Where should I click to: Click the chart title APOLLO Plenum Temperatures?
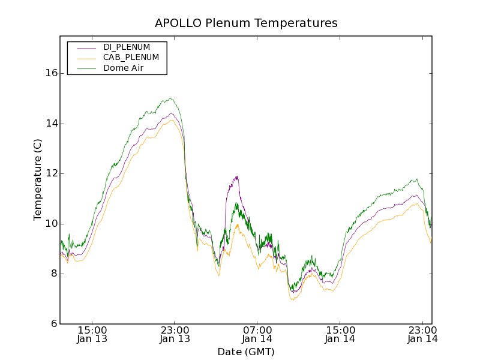pos(246,23)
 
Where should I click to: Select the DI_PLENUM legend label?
pos(127,47)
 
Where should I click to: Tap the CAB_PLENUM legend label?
pos(131,58)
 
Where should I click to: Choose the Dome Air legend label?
pos(123,68)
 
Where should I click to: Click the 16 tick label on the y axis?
pos(51,73)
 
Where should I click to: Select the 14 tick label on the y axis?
pos(51,124)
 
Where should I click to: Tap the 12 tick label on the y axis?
pos(51,173)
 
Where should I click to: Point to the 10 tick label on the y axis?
pos(51,224)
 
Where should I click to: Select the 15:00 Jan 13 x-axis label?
pos(92,334)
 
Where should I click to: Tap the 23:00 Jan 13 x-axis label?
pos(175,334)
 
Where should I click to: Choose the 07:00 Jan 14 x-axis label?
pos(258,334)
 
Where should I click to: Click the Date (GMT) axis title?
pos(246,352)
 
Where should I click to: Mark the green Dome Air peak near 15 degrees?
pos(171,98)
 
